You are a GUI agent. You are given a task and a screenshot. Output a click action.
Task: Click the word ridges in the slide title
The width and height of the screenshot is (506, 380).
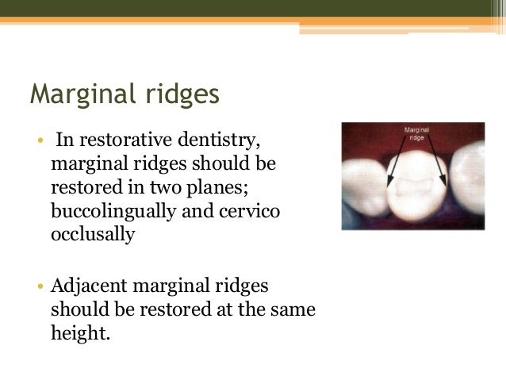pos(179,94)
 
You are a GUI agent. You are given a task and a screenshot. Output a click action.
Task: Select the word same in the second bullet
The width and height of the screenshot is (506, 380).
pos(295,309)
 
